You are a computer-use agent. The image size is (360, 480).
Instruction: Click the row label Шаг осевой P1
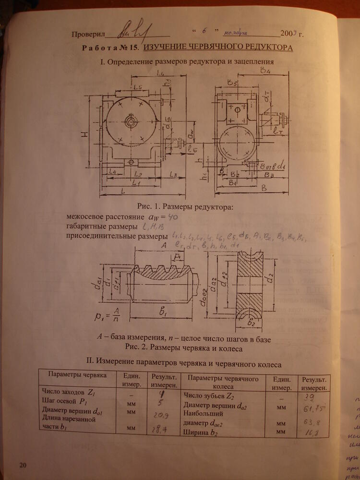point(64,401)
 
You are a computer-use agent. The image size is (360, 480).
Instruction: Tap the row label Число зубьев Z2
point(209,396)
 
